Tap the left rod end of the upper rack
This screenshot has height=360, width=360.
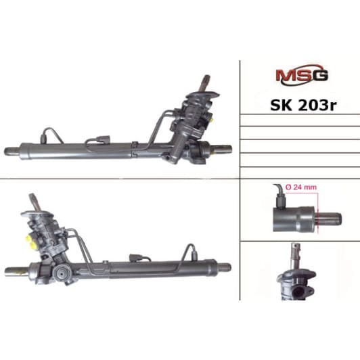[x=13, y=150]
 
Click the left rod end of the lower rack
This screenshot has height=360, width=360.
[x=13, y=271]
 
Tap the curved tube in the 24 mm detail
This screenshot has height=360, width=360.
[x=276, y=193]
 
